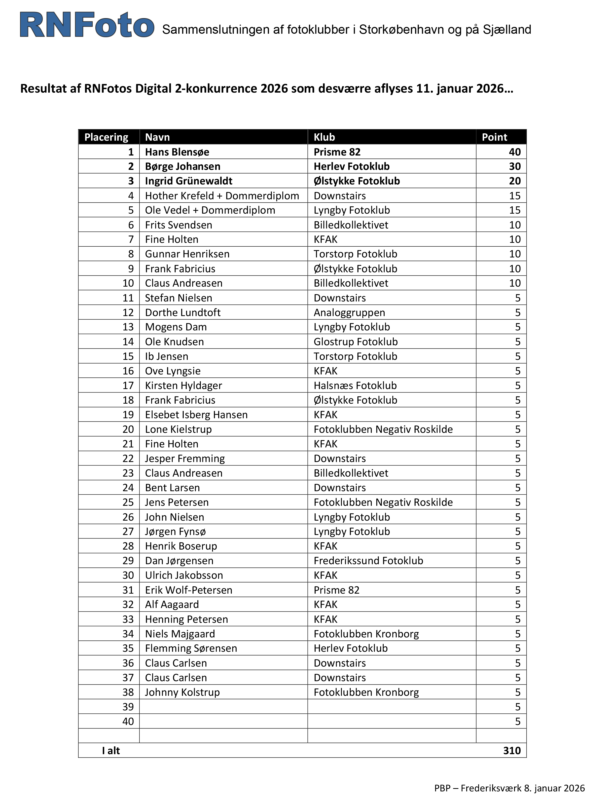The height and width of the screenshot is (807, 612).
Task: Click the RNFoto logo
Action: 87,25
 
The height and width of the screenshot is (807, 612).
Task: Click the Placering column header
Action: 106,137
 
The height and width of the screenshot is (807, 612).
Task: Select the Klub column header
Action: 325,137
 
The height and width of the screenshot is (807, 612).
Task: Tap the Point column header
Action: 494,137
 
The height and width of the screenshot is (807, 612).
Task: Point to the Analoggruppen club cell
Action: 349,312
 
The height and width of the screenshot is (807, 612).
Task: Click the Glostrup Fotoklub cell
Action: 355,341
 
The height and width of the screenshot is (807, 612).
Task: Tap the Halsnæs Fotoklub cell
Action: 355,385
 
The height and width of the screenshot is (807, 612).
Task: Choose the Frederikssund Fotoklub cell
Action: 368,560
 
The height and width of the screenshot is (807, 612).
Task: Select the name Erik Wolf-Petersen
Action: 189,590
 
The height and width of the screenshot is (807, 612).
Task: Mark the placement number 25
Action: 128,502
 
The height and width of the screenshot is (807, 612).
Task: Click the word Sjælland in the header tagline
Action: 507,29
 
